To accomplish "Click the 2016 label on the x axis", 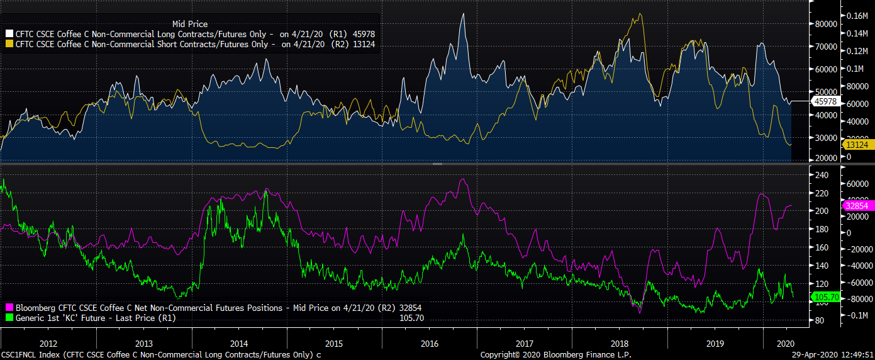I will tap(429, 344).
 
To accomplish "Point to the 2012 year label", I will tap(48, 344).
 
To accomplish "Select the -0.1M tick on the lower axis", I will tap(857, 315).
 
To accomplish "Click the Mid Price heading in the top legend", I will tap(189, 24).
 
